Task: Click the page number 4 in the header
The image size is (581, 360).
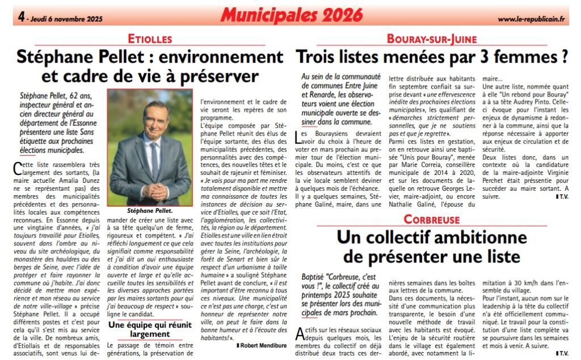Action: [x=20, y=18]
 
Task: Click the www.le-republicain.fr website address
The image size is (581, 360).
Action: [x=532, y=19]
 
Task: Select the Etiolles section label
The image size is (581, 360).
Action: [x=150, y=39]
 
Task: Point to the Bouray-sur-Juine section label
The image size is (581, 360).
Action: [x=432, y=39]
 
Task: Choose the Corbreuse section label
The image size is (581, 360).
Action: [x=432, y=219]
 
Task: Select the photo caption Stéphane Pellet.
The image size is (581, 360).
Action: [x=150, y=210]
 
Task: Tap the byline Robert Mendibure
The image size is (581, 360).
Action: [x=262, y=344]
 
